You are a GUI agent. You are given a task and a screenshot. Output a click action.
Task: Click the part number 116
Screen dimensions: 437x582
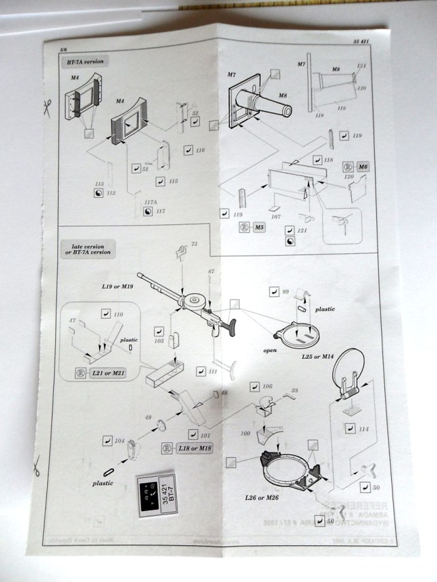(200, 149)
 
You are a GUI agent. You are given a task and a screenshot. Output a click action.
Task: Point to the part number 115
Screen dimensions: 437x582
(173, 181)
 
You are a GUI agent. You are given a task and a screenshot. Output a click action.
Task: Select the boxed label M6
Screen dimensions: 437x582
(363, 166)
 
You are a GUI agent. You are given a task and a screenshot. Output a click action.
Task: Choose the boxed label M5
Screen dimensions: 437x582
(259, 227)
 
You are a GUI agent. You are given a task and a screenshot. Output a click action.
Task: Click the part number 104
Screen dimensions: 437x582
(120, 442)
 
